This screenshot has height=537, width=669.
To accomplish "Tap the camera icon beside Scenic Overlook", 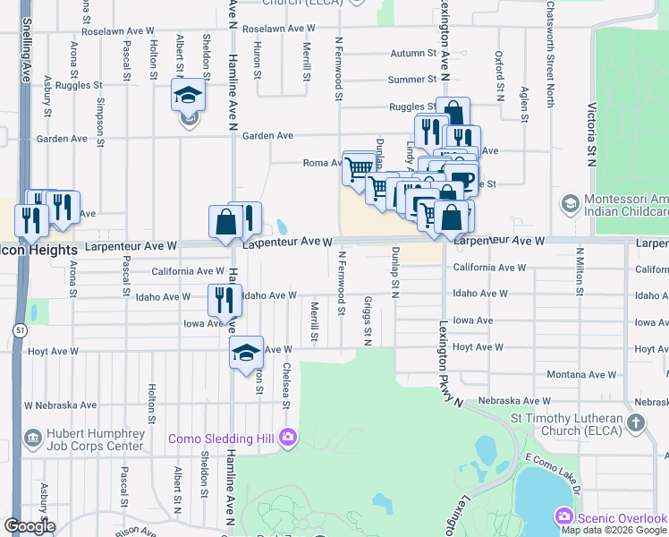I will (x=564, y=516).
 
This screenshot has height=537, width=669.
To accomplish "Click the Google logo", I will (x=30, y=525).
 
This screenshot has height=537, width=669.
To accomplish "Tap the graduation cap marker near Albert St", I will (x=189, y=96).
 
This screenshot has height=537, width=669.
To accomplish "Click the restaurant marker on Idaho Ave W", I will (x=224, y=300).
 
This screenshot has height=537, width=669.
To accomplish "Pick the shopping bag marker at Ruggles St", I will (x=453, y=114).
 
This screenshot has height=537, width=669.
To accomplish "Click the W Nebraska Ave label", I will (x=60, y=405).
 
